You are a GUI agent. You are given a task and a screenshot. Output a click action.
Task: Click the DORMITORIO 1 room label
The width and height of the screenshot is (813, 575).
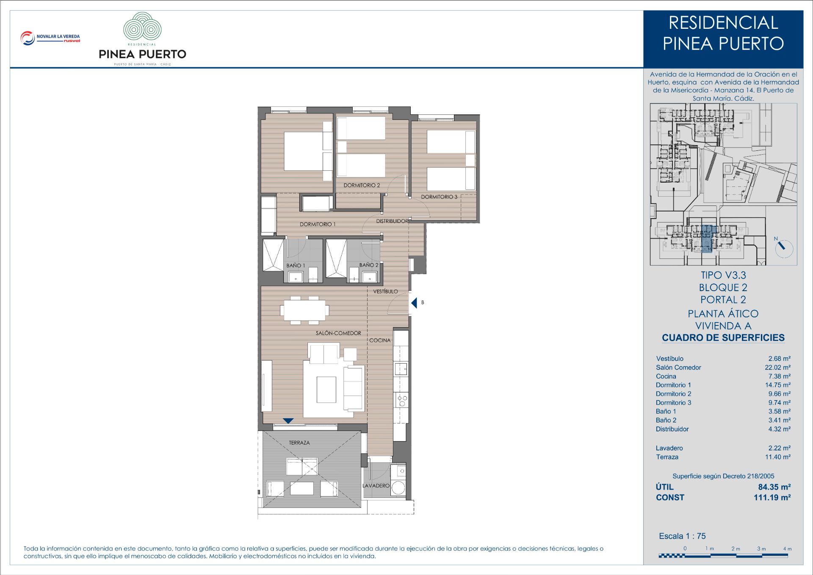[318, 224]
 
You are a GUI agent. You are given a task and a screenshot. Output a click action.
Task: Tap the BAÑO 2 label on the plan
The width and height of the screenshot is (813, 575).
[369, 265]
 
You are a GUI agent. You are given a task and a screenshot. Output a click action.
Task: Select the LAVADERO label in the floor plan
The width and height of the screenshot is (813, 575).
[376, 486]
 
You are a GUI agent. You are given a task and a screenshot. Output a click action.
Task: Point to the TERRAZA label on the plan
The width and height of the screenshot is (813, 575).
[299, 443]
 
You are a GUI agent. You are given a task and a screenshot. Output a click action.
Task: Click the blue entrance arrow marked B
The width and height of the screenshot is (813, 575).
[414, 303]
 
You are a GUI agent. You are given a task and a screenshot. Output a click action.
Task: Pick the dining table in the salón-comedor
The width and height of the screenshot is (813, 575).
[304, 310]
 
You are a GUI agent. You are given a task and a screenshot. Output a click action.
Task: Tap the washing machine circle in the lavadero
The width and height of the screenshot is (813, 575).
[398, 488]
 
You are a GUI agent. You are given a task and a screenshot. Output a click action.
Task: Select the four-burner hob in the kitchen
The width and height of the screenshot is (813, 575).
[402, 400]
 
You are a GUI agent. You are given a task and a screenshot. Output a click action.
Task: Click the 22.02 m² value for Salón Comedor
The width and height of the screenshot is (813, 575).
[777, 367]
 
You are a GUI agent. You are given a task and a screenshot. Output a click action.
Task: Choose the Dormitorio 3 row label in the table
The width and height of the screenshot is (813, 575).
[673, 403]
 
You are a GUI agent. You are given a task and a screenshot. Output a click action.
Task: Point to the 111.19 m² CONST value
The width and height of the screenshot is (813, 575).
[772, 497]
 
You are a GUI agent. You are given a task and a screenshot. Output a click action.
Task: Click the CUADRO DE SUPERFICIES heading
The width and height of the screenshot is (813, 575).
[723, 338]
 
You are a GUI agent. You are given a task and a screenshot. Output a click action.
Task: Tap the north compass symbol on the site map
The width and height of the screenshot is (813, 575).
[783, 248]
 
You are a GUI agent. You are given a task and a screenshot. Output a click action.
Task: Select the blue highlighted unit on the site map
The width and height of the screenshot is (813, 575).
[707, 239]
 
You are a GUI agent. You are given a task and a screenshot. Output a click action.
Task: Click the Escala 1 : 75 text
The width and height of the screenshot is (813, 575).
[682, 536]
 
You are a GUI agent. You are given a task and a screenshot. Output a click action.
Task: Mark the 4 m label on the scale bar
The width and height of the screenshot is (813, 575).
[787, 549]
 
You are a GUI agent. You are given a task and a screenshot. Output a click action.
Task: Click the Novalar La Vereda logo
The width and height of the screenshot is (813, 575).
[50, 38]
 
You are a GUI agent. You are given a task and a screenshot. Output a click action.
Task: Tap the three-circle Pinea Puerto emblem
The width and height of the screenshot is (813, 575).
[142, 26]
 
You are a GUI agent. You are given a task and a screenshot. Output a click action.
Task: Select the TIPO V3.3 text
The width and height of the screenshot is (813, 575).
[723, 275]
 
